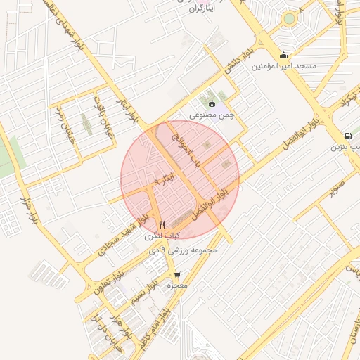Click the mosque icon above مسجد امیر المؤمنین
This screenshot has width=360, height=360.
pyautogui.click(x=283, y=55)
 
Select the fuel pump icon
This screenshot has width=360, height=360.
pyautogui.click(x=348, y=136)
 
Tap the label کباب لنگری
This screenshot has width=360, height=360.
pyautogui.click(x=163, y=235)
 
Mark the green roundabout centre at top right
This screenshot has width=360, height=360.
pyautogui.click(x=289, y=19)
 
